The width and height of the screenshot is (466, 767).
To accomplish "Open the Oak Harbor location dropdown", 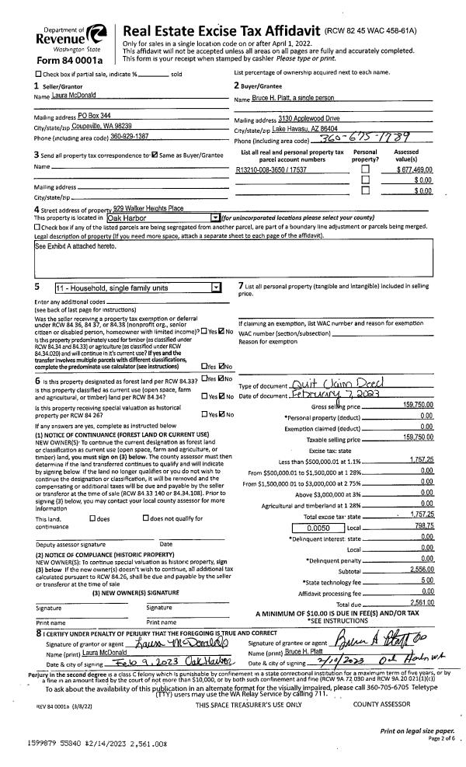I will [x=215, y=217].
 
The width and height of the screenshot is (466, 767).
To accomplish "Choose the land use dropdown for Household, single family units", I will [x=214, y=288].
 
